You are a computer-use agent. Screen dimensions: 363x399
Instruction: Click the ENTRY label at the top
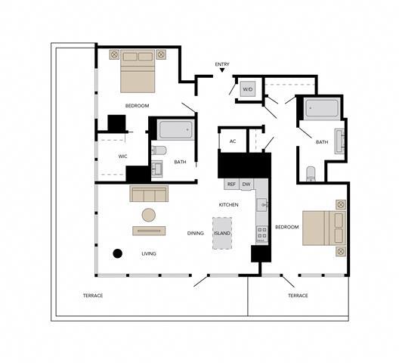pos(222,64)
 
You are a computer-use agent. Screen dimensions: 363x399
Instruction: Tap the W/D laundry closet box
pos(247,89)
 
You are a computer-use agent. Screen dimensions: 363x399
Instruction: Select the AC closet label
pos(233,141)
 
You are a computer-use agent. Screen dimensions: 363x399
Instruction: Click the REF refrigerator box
pos(232,184)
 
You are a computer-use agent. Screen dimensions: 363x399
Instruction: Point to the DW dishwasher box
pos(247,184)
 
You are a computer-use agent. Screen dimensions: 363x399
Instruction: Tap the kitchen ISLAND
pos(222,233)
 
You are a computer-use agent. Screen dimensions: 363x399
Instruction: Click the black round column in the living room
pos(117,253)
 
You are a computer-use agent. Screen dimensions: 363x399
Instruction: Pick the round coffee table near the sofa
pos(150,214)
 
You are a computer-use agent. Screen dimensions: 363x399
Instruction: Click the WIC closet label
pos(122,157)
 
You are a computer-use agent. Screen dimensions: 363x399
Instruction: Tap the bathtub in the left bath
pos(175,131)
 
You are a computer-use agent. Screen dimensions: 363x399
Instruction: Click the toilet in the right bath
pos(311,173)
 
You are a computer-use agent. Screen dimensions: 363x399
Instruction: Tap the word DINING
pos(196,234)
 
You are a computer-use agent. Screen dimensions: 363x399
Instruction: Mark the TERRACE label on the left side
pos(92,296)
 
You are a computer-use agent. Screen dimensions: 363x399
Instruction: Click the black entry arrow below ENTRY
pos(222,72)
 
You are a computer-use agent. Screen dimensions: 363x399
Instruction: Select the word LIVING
pos(149,254)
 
